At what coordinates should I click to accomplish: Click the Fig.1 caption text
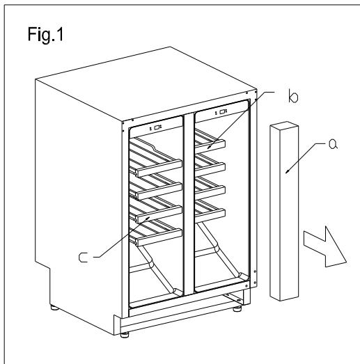pyautogui.click(x=45, y=35)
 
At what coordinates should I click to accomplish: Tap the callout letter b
pyautogui.click(x=293, y=96)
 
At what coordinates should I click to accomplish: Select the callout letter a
pyautogui.click(x=334, y=144)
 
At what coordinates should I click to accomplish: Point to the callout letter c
pyautogui.click(x=83, y=258)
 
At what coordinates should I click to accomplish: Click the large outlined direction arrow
pyautogui.click(x=325, y=247)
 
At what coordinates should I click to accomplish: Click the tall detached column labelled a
pyautogui.click(x=284, y=212)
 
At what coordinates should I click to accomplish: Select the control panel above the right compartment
pyautogui.click(x=221, y=111)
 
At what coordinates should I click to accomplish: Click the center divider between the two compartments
pyautogui.click(x=189, y=205)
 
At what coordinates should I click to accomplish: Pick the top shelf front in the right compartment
pyautogui.click(x=210, y=145)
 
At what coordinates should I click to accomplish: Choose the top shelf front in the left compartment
pyautogui.click(x=159, y=168)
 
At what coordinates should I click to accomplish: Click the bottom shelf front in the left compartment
pyautogui.click(x=159, y=237)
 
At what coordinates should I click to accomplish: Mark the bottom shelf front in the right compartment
pyautogui.click(x=210, y=216)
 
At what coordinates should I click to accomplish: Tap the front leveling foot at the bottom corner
pyautogui.click(x=125, y=335)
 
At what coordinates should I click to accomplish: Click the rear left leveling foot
pyautogui.click(x=54, y=308)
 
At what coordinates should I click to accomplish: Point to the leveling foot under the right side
pyautogui.click(x=237, y=309)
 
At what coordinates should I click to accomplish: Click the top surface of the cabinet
pyautogui.click(x=146, y=84)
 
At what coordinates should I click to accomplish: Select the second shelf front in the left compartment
pyautogui.click(x=159, y=191)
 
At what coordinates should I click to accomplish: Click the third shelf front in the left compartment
pyautogui.click(x=159, y=214)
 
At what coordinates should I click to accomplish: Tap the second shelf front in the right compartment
pyautogui.click(x=210, y=169)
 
